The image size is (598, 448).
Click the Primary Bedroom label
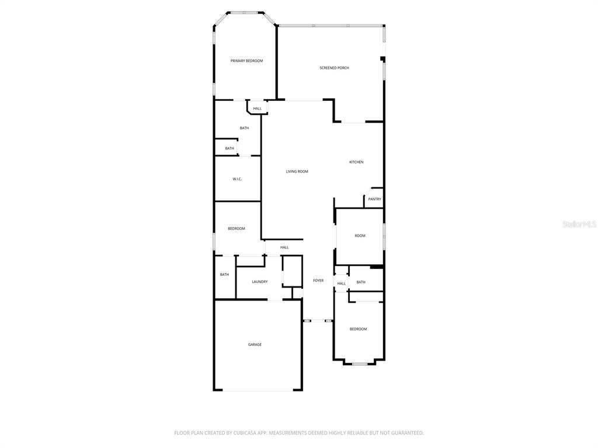point(246,61)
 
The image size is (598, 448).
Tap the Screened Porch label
point(334,68)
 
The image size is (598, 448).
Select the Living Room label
point(297,171)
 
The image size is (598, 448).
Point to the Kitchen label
point(356,162)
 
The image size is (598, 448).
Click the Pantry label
point(374,199)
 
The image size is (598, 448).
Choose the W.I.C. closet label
point(237,178)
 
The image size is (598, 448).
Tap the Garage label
point(255,344)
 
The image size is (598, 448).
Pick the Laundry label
point(260,282)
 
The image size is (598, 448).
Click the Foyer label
point(318,281)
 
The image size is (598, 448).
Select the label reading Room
point(360,236)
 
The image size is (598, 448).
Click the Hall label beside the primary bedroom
point(257,108)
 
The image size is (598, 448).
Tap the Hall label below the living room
point(284,247)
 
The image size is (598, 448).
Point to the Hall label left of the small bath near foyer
point(342,283)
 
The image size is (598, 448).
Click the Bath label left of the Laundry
point(224,274)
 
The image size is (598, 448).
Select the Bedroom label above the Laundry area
point(237,228)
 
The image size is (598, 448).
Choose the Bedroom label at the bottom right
point(358,329)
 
